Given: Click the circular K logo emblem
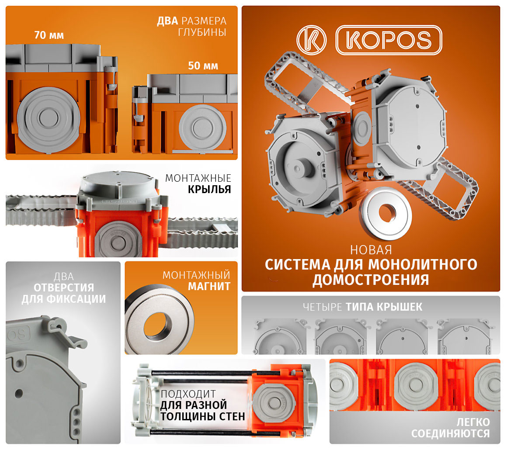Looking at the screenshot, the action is [311, 40].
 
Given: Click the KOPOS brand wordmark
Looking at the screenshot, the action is [389, 40].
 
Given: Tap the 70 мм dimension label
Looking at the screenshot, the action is [49, 35].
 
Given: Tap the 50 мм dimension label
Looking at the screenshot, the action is [203, 66].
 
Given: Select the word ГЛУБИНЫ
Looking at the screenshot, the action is [202, 32].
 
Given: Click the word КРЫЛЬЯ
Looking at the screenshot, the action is [209, 190].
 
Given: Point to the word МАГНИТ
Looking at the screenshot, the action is [209, 287].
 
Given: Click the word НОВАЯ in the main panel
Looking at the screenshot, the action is [371, 250].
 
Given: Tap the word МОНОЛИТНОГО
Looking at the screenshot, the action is [423, 264].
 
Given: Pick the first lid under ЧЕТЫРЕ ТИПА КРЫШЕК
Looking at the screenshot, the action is [280, 336].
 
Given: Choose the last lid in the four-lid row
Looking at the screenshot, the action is [464, 336].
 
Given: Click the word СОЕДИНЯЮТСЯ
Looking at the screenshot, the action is [451, 433].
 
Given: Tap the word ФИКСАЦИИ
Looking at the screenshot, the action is [76, 299].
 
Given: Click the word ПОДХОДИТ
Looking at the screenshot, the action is [188, 394].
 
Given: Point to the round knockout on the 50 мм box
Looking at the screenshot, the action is [202, 127].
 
